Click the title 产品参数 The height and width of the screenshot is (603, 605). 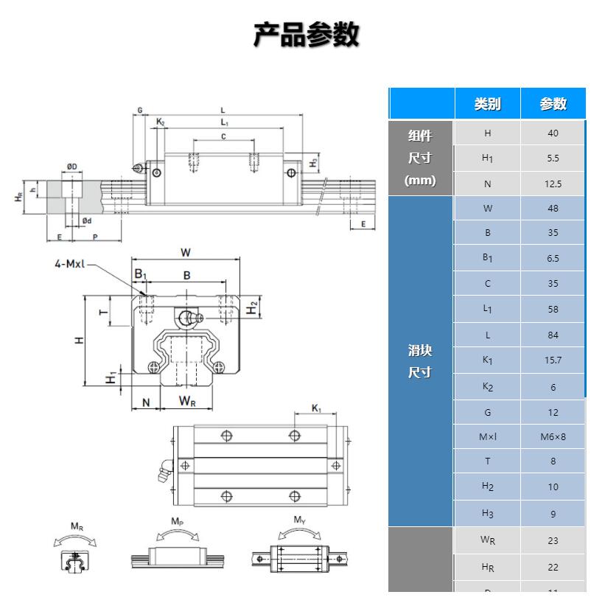point(306,35)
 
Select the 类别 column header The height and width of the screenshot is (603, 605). point(487,104)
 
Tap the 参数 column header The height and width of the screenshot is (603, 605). point(553,104)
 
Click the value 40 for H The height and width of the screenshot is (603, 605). point(553,133)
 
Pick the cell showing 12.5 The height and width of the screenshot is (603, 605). point(553,184)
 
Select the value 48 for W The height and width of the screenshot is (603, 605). point(553,209)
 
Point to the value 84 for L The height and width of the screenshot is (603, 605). point(553,335)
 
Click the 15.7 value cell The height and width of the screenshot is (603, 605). point(553,360)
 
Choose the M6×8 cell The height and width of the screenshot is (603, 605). point(553,437)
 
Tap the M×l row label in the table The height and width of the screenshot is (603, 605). point(487,437)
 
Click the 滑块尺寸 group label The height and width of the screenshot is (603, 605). point(420,362)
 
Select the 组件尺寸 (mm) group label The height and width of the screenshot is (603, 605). point(420,158)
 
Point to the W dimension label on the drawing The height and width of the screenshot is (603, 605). point(186,252)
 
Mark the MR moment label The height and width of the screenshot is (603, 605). point(76,526)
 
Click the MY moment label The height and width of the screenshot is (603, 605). point(299,520)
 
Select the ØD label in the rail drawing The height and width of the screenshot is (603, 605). point(72,167)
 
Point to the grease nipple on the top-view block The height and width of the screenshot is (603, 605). point(167,469)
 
